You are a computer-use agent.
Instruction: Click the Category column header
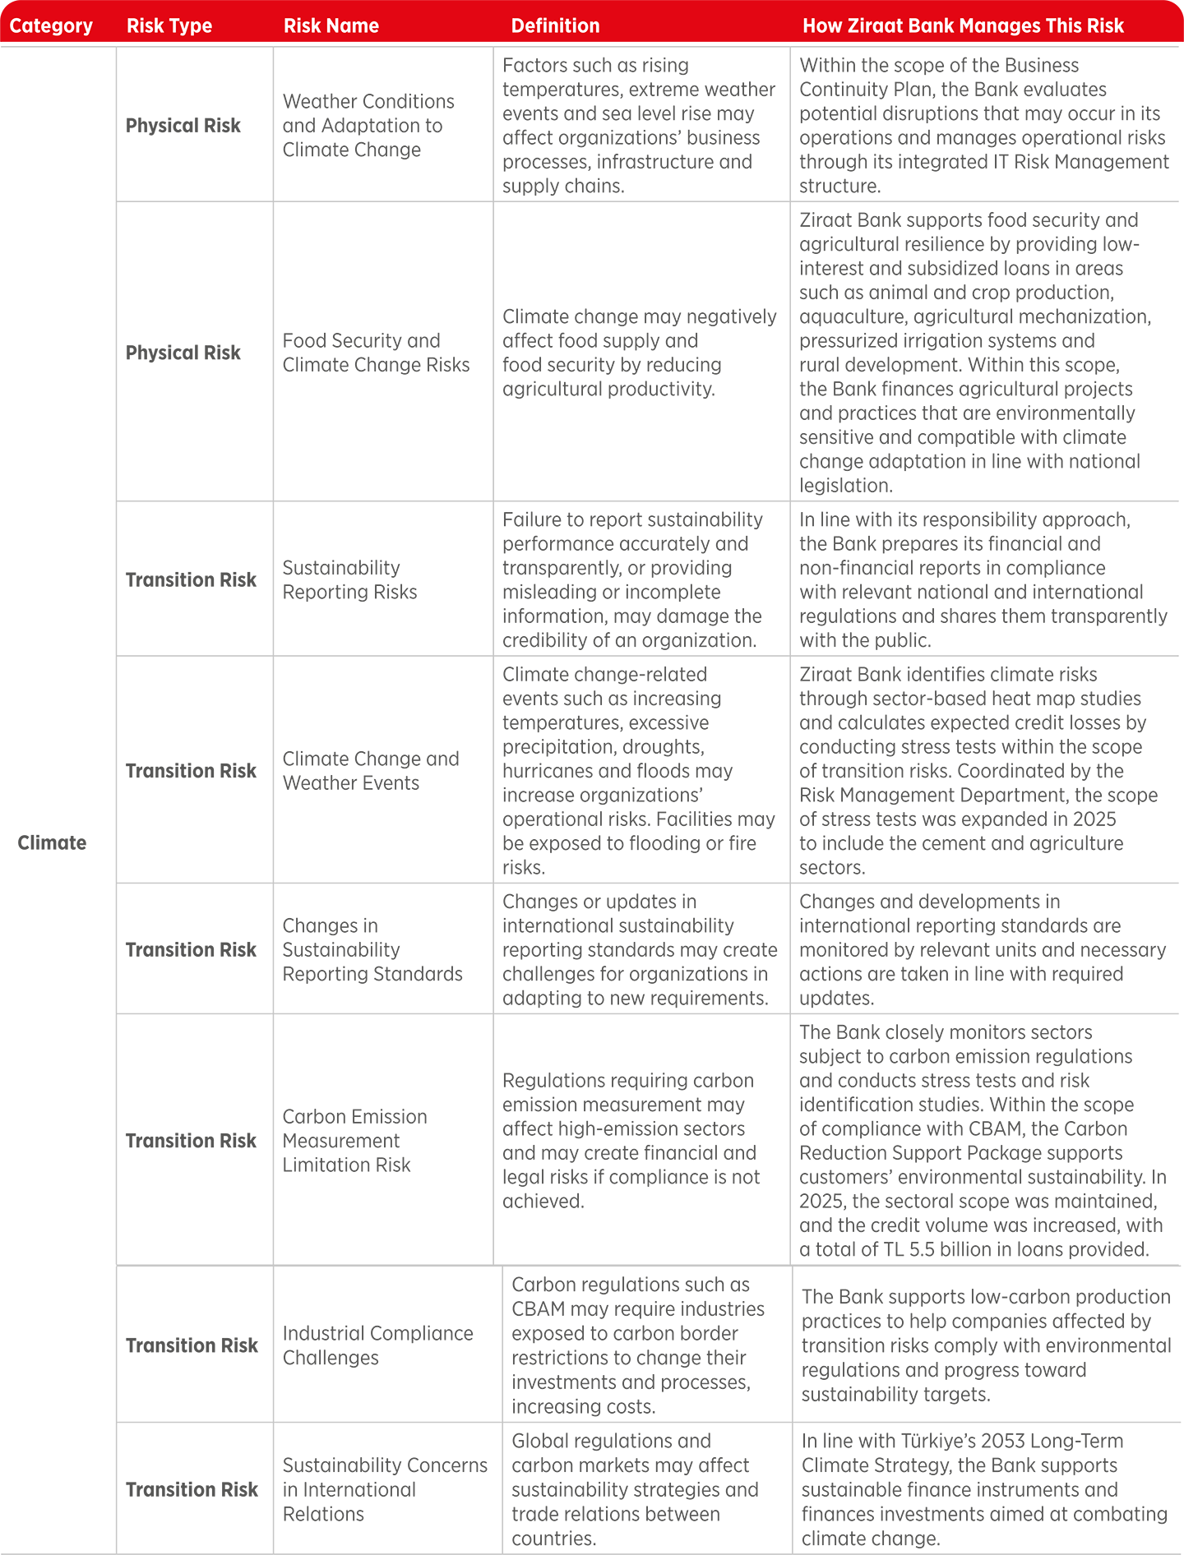pyautogui.click(x=51, y=25)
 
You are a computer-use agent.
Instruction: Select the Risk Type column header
pyautogui.click(x=169, y=25)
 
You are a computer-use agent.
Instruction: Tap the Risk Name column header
pyautogui.click(x=331, y=25)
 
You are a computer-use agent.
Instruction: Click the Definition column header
pyautogui.click(x=556, y=25)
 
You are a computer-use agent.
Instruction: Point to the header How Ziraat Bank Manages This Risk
pyautogui.click(x=963, y=25)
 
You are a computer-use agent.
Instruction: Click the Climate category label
pyautogui.click(x=52, y=842)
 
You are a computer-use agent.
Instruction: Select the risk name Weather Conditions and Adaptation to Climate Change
pyautogui.click(x=368, y=125)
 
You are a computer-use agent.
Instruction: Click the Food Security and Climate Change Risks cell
pyautogui.click(x=376, y=353)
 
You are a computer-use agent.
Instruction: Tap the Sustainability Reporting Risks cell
pyautogui.click(x=349, y=579)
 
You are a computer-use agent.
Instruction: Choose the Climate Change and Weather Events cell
pyautogui.click(x=371, y=770)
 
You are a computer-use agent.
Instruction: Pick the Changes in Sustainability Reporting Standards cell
pyautogui.click(x=372, y=949)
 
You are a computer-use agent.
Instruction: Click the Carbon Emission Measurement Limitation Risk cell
pyautogui.click(x=354, y=1140)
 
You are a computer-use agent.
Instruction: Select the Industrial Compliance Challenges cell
pyautogui.click(x=377, y=1345)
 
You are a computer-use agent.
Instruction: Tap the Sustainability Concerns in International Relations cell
pyautogui.click(x=385, y=1489)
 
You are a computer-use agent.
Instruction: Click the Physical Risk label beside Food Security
pyautogui.click(x=183, y=353)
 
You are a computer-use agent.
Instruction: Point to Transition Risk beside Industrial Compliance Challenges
pyautogui.click(x=192, y=1345)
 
